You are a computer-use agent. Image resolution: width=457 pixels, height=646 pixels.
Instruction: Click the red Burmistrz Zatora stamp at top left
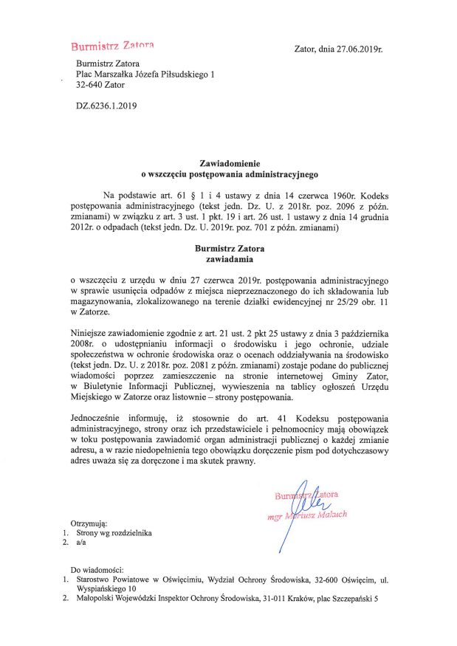pos(111,47)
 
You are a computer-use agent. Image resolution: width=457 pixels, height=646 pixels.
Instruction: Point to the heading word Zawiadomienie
pos(230,162)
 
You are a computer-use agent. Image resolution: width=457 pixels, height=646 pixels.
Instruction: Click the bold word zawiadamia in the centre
pos(230,260)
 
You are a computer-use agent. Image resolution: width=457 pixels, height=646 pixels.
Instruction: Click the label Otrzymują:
pos(89,522)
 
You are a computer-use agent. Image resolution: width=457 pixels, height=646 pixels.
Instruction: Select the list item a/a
pos(81,543)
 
